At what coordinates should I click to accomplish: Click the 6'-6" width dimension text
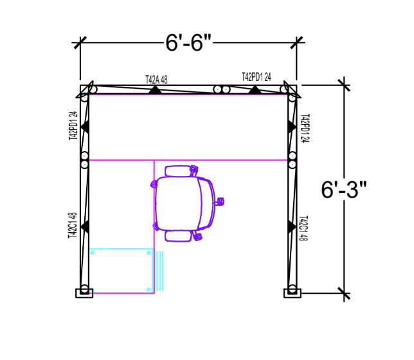(188, 43)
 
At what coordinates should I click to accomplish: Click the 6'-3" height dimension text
(344, 190)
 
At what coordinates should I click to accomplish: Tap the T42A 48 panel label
(156, 80)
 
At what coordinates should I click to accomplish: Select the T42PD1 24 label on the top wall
(256, 77)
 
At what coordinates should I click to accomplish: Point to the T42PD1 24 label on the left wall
(73, 125)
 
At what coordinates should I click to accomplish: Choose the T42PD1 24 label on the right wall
(305, 129)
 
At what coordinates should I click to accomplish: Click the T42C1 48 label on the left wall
(73, 225)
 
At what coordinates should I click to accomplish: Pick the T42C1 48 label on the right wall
(303, 228)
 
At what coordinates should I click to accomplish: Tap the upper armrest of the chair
(179, 171)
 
